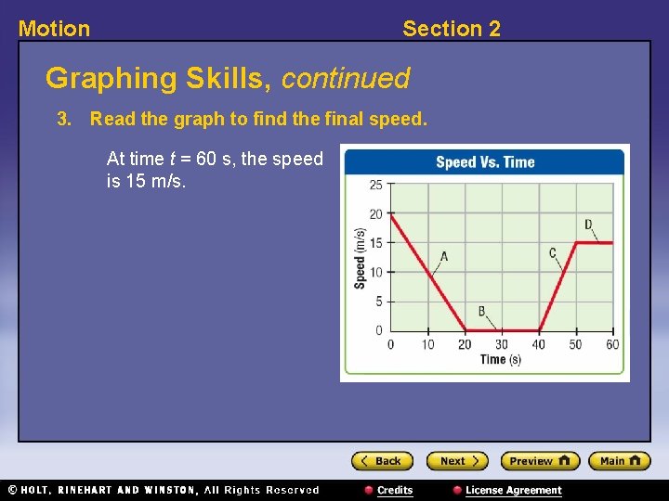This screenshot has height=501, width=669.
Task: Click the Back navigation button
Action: click(381, 461)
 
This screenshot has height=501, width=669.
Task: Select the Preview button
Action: click(540, 461)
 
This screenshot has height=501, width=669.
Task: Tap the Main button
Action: click(620, 461)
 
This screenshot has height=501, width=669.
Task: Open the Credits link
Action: click(389, 490)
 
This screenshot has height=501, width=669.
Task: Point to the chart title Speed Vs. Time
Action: click(485, 162)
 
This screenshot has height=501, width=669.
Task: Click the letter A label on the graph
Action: click(443, 257)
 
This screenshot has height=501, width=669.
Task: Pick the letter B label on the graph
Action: click(481, 312)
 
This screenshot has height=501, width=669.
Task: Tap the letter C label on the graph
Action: click(552, 252)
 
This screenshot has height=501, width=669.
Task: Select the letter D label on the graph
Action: click(588, 225)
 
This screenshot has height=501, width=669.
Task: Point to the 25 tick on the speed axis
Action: click(375, 185)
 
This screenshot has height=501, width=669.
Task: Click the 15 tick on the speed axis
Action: click(375, 243)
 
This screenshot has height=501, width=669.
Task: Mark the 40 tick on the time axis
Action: click(539, 345)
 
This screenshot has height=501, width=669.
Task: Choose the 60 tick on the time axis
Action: click(612, 345)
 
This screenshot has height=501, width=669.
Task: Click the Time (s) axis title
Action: click(501, 360)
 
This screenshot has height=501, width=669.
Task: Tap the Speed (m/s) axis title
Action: click(360, 258)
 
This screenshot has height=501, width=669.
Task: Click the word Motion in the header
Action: click(55, 29)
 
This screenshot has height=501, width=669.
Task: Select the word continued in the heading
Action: click(345, 78)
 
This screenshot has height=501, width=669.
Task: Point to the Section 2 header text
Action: click(451, 29)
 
